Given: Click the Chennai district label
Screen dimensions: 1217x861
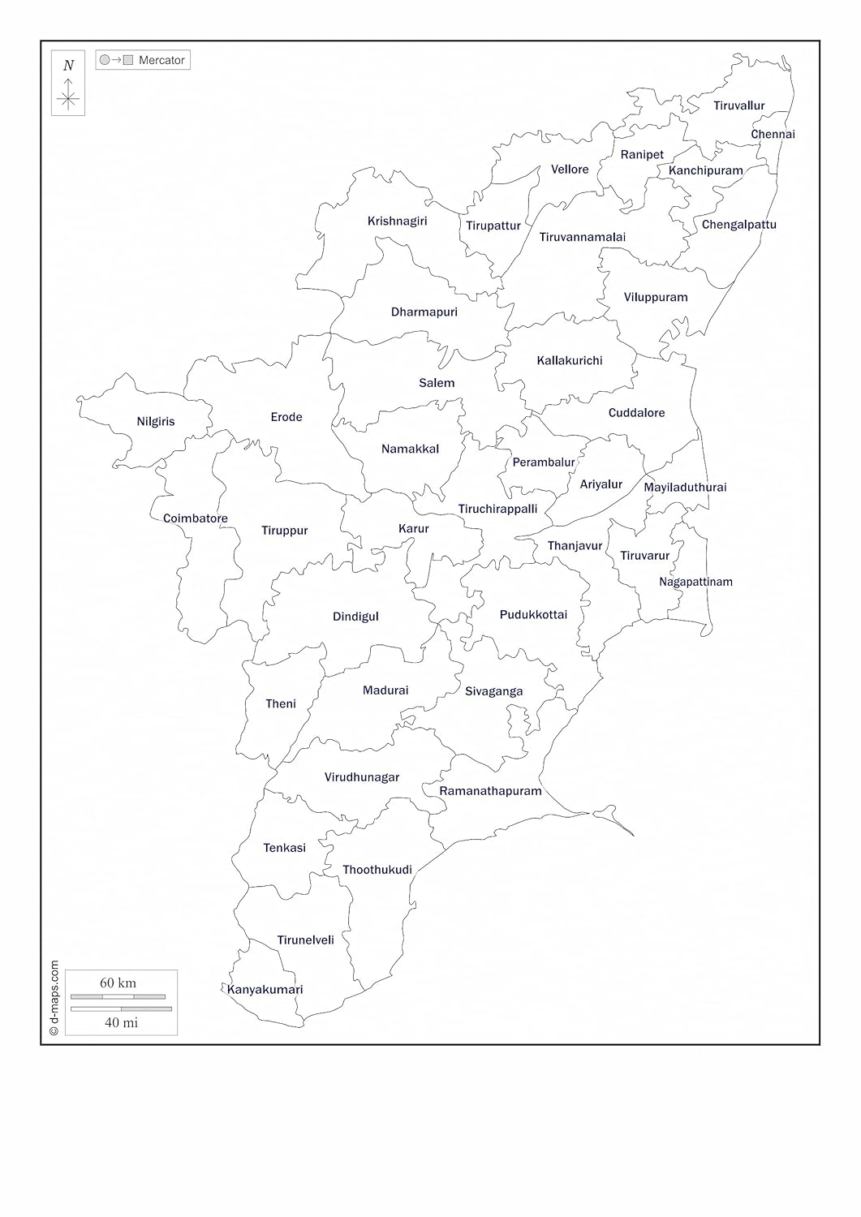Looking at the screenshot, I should (773, 135).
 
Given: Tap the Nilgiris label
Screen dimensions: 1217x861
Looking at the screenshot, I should (156, 422).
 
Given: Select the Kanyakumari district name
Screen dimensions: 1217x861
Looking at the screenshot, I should (265, 990).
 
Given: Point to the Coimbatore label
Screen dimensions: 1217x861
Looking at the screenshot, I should (196, 518).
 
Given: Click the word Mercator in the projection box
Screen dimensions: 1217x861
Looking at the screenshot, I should (161, 60).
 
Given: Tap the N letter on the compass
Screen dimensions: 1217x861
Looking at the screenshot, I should (68, 66).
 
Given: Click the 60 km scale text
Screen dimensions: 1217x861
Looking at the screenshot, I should (118, 983).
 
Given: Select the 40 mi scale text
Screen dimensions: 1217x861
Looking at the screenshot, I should (121, 1022).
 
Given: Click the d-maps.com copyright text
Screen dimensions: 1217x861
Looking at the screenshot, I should (54, 998).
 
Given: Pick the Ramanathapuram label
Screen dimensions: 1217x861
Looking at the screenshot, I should (490, 791).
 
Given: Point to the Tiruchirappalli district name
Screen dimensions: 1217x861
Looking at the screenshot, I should (497, 510).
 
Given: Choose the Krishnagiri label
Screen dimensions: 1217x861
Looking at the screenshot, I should (397, 221).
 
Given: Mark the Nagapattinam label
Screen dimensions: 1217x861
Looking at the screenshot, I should (695, 582).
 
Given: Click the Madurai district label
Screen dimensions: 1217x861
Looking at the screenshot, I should (385, 690).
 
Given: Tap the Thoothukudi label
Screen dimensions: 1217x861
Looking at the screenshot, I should (377, 870).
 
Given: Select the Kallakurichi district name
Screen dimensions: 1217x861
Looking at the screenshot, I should (570, 360).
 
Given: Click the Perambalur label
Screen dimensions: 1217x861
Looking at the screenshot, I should (544, 462).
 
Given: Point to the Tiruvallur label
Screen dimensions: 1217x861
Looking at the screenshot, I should (739, 105).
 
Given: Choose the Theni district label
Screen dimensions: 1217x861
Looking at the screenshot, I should (281, 703).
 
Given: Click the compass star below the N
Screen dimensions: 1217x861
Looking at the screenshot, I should (68, 99).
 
